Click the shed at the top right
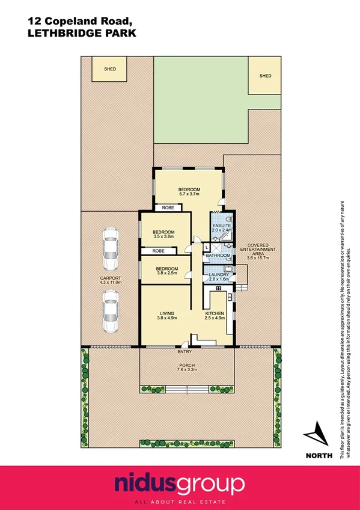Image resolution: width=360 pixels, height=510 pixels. click(x=264, y=76)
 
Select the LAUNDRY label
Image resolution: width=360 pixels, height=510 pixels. click(x=219, y=277)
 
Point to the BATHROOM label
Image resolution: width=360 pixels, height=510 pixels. click(x=218, y=256)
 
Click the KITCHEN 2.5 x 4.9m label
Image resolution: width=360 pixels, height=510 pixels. click(x=215, y=316)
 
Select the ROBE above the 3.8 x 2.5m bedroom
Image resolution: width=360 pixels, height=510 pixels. click(x=158, y=250)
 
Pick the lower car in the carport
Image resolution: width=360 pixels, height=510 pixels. click(x=109, y=312)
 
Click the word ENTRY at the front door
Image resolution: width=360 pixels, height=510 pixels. click(x=184, y=352)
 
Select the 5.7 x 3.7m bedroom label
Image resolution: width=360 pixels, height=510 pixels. click(x=189, y=191)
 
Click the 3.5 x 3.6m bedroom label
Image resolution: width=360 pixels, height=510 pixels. click(x=163, y=234)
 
